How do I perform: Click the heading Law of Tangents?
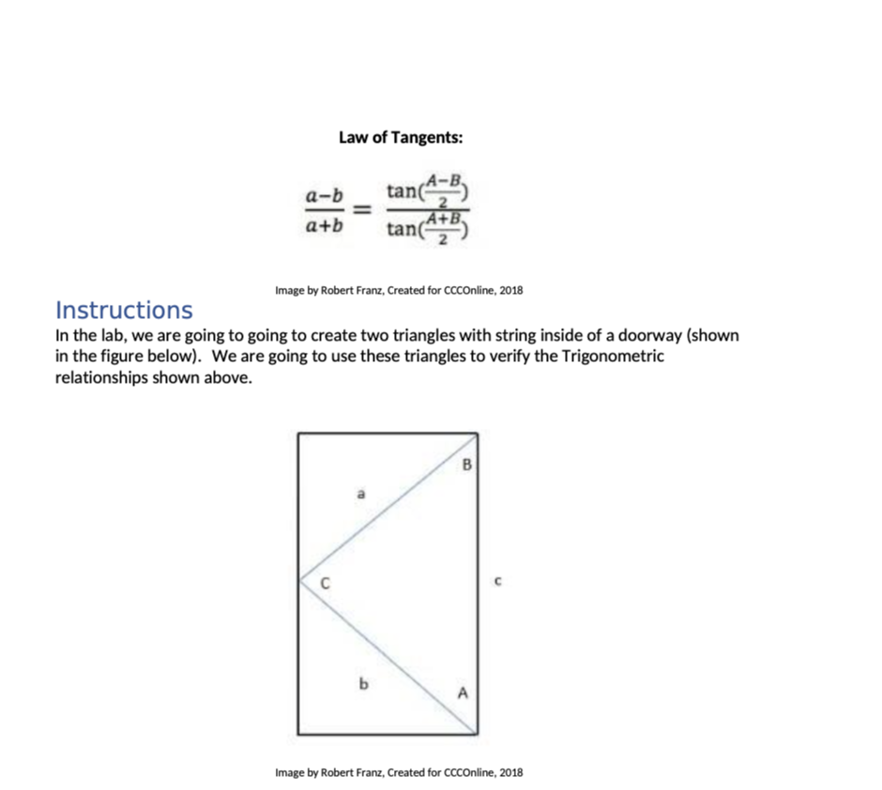401,138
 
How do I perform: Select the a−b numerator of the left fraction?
325,196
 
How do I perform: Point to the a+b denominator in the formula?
325,225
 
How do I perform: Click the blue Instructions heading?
124,310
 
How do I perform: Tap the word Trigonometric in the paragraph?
613,357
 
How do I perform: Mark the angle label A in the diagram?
461,694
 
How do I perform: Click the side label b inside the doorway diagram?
360,683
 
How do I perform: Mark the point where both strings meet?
299,580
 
